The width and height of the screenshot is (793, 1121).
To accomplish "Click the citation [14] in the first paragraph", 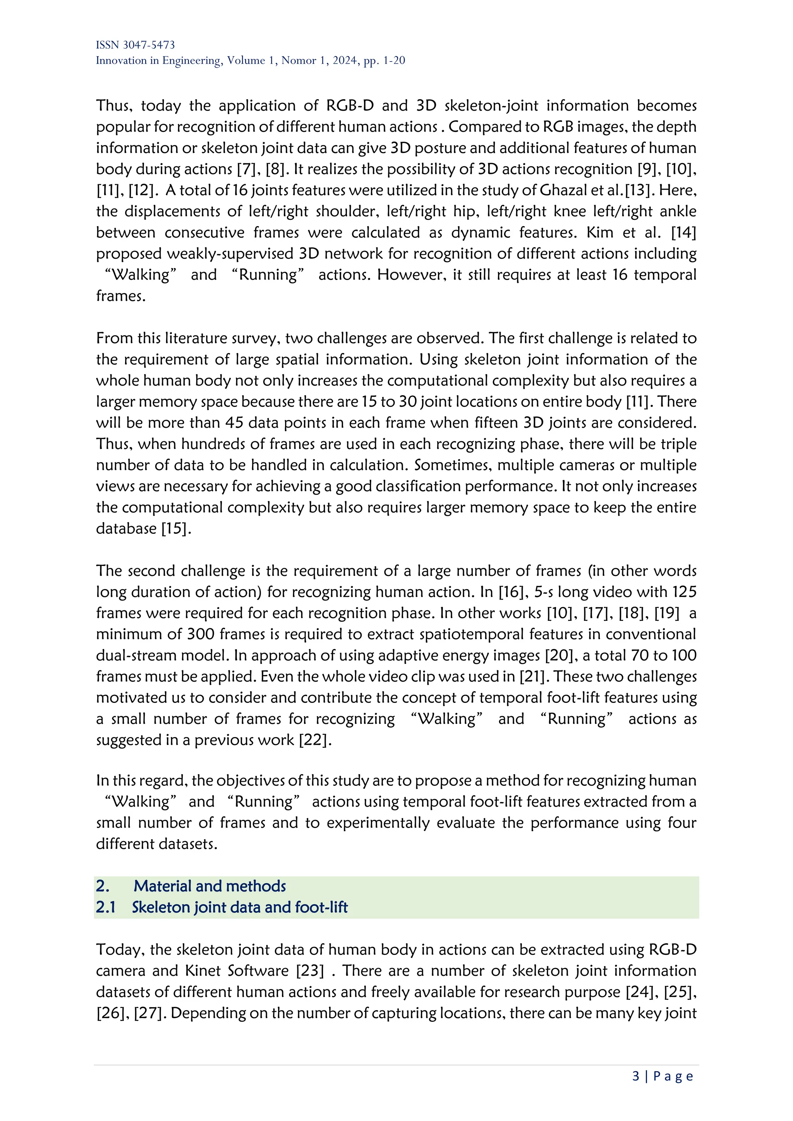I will pos(684,232).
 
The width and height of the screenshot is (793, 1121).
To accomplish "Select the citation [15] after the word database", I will pos(174,528).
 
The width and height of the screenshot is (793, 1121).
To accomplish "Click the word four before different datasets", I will pos(681,823).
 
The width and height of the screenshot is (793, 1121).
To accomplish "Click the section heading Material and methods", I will pos(209,886).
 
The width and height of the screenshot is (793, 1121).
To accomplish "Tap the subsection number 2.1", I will pos(105,907).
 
